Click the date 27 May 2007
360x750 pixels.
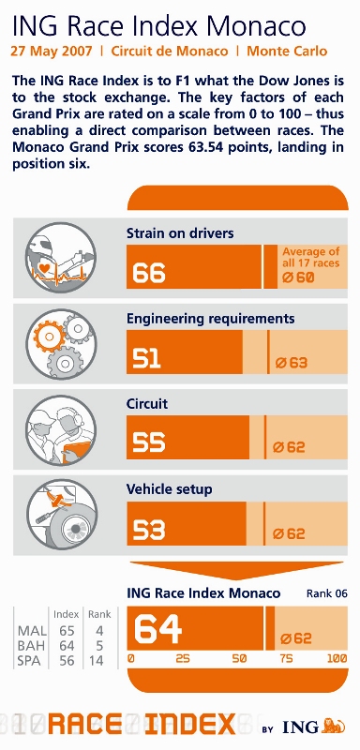point(52,52)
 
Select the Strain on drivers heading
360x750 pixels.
point(180,232)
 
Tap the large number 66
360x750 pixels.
point(149,273)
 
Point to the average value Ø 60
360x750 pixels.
point(298,277)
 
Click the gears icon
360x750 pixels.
point(61,343)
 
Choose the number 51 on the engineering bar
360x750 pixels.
point(146,358)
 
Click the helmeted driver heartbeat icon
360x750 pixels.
point(61,257)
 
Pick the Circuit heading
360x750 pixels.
point(147,404)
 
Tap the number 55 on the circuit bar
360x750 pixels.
point(149,442)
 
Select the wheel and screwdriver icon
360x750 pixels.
point(61,514)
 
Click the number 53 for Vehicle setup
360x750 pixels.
point(149,530)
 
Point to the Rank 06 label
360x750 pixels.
point(327,594)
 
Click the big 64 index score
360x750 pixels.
point(157,628)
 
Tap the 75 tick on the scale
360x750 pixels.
point(286,658)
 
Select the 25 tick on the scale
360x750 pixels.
point(183,658)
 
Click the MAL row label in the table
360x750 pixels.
point(32,631)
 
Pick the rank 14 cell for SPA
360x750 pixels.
point(97,661)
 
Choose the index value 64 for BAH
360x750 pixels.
point(67,646)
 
